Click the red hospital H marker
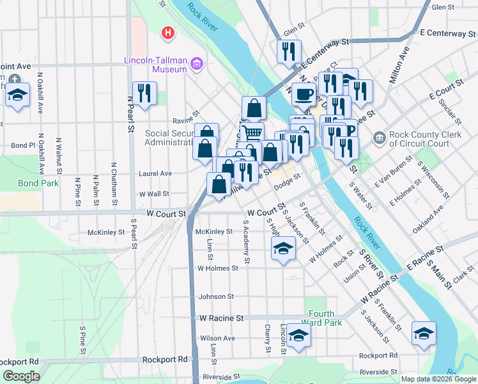pos(168,33)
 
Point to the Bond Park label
pos(38,183)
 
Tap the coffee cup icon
pos(304,94)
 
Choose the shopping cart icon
pos(251,133)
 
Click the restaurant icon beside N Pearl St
pos(144,93)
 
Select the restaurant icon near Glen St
pos(289,51)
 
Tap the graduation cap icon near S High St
pos(283,248)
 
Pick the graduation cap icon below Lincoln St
pos(298,335)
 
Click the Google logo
pos(21,376)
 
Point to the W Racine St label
pos(222,317)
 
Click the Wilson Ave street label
pos(217,338)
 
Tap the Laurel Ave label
pos(156,173)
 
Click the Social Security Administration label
pos(169,138)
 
